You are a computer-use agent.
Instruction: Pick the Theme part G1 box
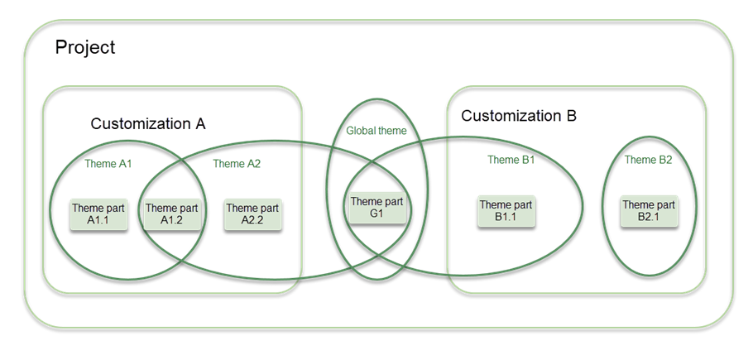(377, 208)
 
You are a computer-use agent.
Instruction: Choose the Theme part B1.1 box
(506, 211)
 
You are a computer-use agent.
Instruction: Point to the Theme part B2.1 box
(650, 211)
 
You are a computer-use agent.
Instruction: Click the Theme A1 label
(108, 164)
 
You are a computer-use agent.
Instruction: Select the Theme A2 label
(237, 164)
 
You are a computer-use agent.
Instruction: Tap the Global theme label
(376, 131)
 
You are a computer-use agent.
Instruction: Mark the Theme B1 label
(511, 160)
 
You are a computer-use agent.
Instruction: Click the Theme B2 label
(648, 160)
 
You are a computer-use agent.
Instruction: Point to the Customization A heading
(148, 124)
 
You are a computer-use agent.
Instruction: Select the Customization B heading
(517, 117)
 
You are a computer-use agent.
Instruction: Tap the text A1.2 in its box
(172, 220)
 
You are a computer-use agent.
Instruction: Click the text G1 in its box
(377, 214)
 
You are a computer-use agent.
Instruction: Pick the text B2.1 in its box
(650, 217)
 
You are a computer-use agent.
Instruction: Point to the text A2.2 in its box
(252, 220)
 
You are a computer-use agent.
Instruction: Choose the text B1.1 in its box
(506, 217)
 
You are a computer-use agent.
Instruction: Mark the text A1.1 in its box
(98, 220)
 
